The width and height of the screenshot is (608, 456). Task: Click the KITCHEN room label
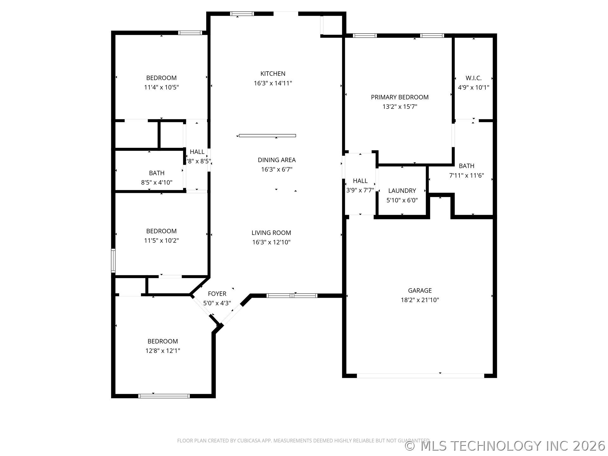273,74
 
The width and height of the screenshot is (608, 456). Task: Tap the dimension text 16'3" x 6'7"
276,169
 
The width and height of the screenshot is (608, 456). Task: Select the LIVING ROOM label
271,233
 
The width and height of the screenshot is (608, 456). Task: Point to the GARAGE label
420,290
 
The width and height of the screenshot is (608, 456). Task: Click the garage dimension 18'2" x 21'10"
420,300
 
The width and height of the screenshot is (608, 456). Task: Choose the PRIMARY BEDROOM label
400,97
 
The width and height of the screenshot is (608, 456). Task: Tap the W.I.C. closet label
473,78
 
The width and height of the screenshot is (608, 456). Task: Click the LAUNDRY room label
402,191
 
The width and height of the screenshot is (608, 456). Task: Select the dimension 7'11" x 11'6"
466,175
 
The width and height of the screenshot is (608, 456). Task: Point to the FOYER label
217,294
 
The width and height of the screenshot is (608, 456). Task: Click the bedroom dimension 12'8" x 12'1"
162,351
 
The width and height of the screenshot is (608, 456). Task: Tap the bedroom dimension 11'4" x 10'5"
161,87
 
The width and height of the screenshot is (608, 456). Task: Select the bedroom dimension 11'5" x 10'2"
161,240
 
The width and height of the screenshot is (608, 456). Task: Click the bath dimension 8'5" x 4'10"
156,182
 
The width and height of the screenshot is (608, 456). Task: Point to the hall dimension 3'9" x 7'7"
360,190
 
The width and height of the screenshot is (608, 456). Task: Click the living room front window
292,296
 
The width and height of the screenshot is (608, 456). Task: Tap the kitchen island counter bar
267,136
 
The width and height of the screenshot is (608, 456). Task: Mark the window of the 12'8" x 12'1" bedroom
164,396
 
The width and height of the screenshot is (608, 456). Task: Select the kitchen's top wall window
242,14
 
